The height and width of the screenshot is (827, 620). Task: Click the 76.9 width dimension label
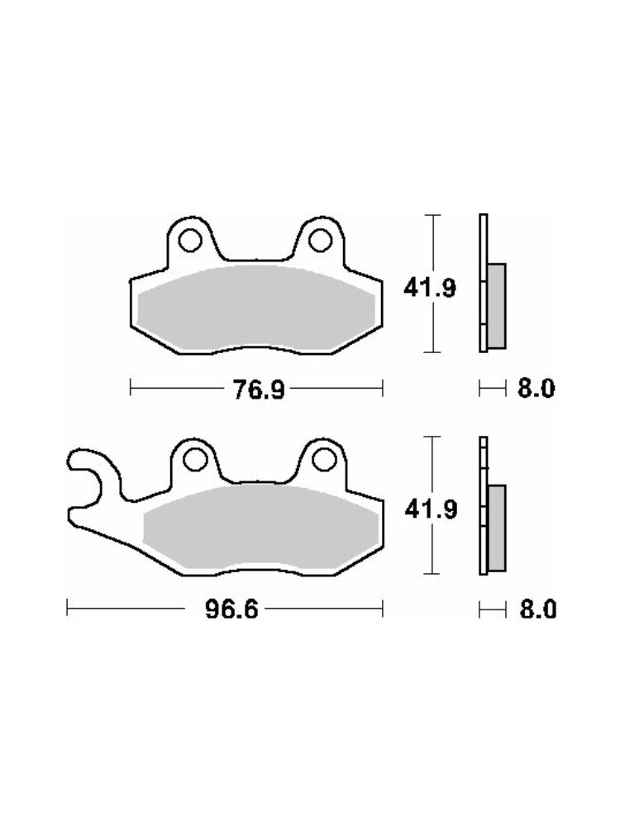click(259, 390)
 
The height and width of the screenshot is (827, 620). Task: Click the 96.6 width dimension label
click(232, 610)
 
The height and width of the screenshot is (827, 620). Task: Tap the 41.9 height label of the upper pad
click(430, 288)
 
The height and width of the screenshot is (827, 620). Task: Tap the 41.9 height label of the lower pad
click(431, 509)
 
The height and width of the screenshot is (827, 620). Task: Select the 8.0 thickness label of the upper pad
click(537, 390)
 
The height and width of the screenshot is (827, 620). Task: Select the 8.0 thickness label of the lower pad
click(538, 610)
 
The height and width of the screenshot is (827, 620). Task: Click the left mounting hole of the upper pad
click(190, 241)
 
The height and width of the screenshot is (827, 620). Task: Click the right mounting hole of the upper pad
click(320, 241)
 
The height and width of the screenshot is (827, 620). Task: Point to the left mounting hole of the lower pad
click(195, 459)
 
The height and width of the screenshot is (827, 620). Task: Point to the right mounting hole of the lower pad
click(324, 459)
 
